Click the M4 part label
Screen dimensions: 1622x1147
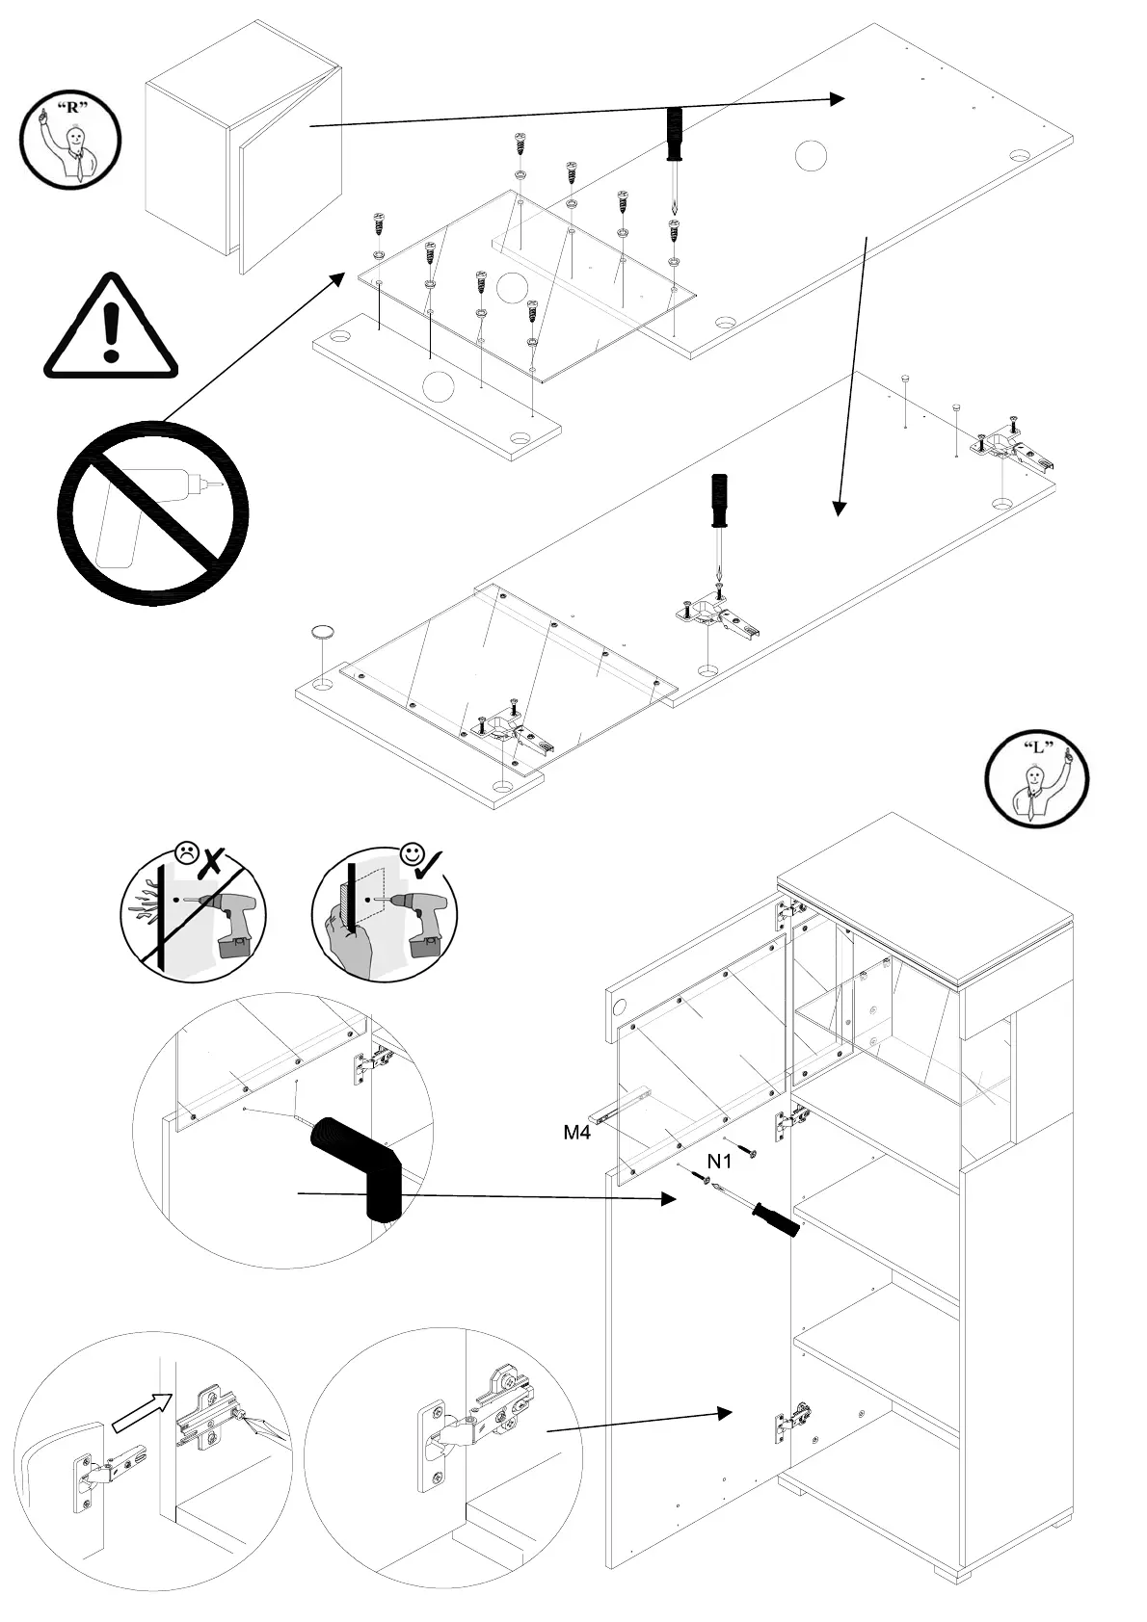[x=576, y=1133]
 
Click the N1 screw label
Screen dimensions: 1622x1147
[x=720, y=1162]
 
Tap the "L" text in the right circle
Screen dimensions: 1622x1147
[x=1037, y=747]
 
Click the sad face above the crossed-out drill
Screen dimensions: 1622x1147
[x=186, y=851]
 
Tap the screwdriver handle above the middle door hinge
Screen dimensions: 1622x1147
[x=718, y=501]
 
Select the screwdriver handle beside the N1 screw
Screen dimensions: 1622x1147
[x=777, y=1219]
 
